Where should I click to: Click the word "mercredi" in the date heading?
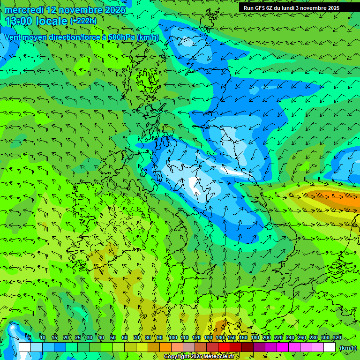(x=24, y=10)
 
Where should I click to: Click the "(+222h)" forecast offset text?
(x=83, y=21)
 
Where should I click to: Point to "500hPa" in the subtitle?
(x=123, y=37)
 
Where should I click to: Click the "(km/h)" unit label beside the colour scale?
(x=347, y=348)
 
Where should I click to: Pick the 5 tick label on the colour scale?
(x=30, y=338)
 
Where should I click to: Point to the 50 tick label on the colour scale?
(x=113, y=338)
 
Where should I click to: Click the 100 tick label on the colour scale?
(x=172, y=338)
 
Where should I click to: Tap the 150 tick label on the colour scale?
(x=232, y=338)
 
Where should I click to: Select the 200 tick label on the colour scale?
(x=267, y=338)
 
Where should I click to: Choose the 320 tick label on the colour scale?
(x=337, y=338)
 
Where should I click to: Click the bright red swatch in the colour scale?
(x=224, y=347)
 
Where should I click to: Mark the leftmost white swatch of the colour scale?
(x=24, y=347)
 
